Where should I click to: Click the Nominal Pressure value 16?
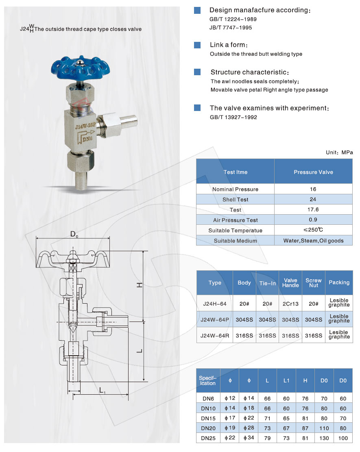coord(313,189)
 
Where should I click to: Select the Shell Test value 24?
coord(313,200)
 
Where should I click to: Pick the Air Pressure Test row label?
coord(235,220)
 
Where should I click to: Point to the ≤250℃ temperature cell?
coord(313,230)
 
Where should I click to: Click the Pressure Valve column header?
coord(313,172)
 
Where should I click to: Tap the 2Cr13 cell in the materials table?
coord(290,304)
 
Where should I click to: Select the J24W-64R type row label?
coord(214,335)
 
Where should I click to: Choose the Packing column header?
coord(339,282)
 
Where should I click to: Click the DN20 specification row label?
coord(208,428)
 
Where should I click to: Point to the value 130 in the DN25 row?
coord(324,438)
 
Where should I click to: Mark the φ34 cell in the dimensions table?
coord(249,438)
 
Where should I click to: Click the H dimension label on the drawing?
coord(139,285)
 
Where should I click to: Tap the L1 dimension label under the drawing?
coord(103,391)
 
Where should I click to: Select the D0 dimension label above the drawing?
coord(74,234)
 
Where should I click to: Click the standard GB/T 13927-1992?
coord(233,117)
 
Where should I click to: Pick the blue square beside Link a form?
coord(197,45)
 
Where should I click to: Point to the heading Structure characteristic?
coord(249,72)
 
